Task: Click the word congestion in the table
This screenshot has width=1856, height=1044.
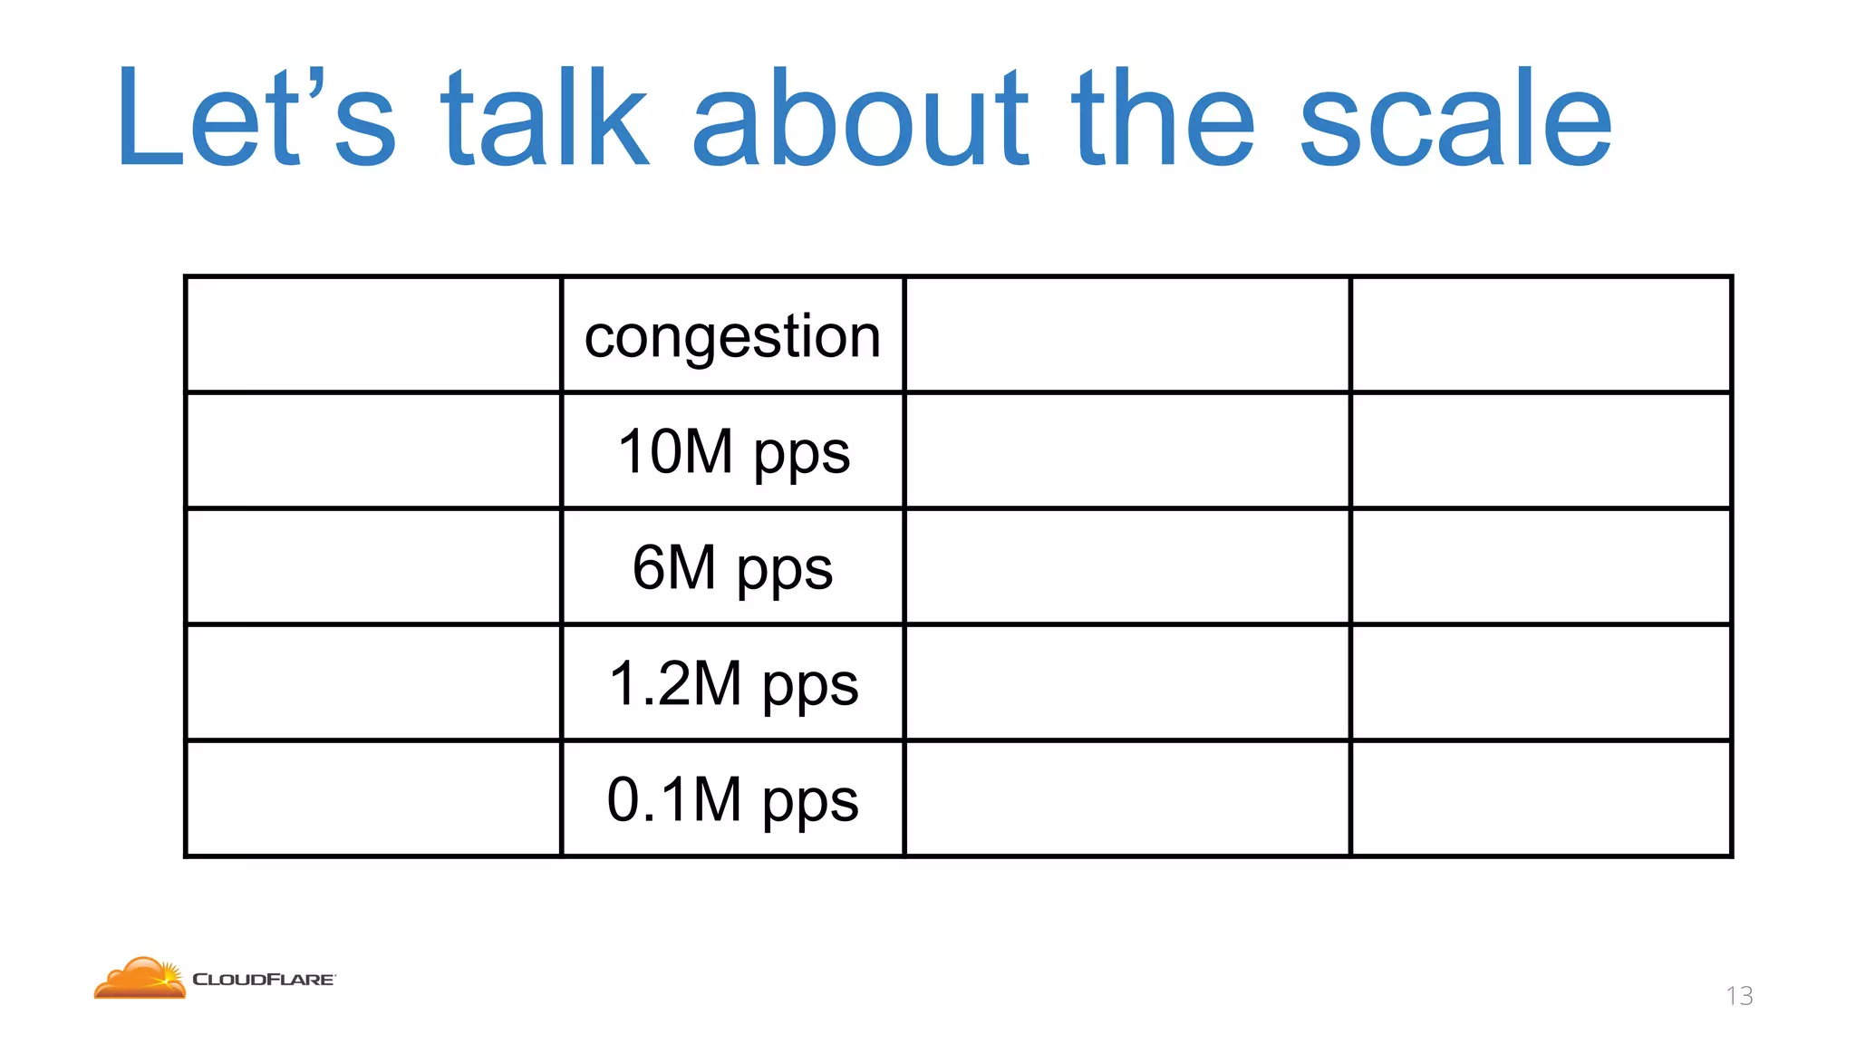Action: (x=732, y=336)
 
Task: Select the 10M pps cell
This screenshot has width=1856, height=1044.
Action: (x=732, y=451)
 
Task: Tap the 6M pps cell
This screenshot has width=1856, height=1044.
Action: (x=732, y=567)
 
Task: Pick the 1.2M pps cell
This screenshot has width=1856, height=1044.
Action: (x=732, y=683)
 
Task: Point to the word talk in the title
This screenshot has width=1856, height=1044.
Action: (x=544, y=118)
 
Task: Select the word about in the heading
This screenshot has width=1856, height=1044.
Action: (x=861, y=118)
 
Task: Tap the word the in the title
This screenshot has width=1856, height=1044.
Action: (x=1164, y=118)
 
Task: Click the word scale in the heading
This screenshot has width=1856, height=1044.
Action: (x=1455, y=118)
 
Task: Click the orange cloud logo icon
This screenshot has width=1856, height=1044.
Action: (x=140, y=978)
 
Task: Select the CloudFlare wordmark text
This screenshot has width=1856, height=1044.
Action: (x=264, y=980)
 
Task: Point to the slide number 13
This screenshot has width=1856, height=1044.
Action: (x=1739, y=996)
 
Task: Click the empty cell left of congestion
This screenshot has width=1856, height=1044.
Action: (x=373, y=334)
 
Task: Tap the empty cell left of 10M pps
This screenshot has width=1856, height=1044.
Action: (x=373, y=450)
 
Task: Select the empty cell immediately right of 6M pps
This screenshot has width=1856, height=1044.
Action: (x=1127, y=566)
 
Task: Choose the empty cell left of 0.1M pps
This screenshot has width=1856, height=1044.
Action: (x=373, y=798)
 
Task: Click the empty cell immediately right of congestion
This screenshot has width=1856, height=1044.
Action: (x=1127, y=334)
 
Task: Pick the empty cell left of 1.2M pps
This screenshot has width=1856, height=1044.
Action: (x=373, y=682)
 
